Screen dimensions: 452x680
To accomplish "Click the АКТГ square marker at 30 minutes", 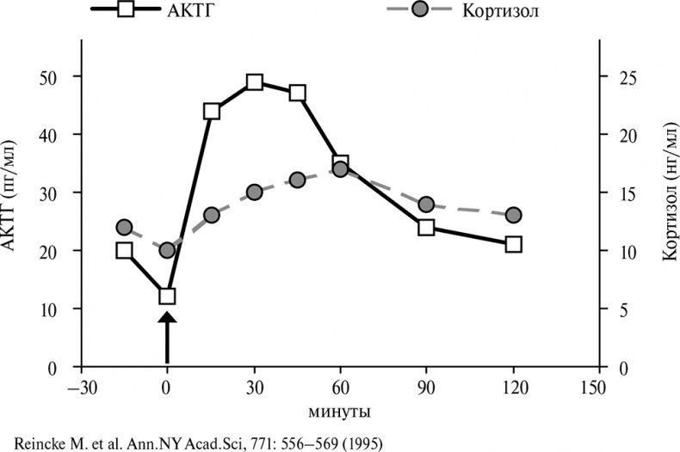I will tap(254, 82).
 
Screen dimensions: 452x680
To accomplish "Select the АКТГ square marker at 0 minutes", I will tap(167, 296).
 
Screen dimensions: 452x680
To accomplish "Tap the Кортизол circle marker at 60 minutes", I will tap(340, 168).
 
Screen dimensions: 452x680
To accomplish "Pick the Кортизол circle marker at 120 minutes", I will tap(513, 215).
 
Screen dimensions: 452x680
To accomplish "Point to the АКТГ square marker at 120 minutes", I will tap(513, 244).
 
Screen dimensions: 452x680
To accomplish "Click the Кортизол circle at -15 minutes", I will tap(124, 227).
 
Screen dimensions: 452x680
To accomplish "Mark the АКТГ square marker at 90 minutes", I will tap(426, 227).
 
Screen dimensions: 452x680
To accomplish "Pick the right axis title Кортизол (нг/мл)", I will tap(667, 222).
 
